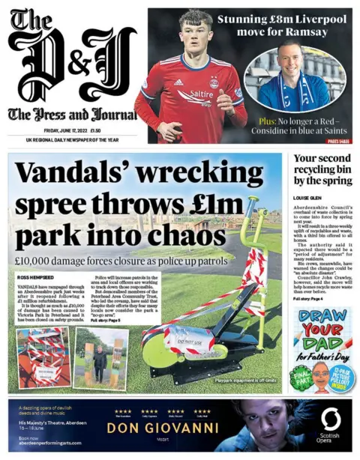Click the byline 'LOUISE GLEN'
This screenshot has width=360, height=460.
(307, 199)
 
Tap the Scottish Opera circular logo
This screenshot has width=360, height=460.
(329, 418)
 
